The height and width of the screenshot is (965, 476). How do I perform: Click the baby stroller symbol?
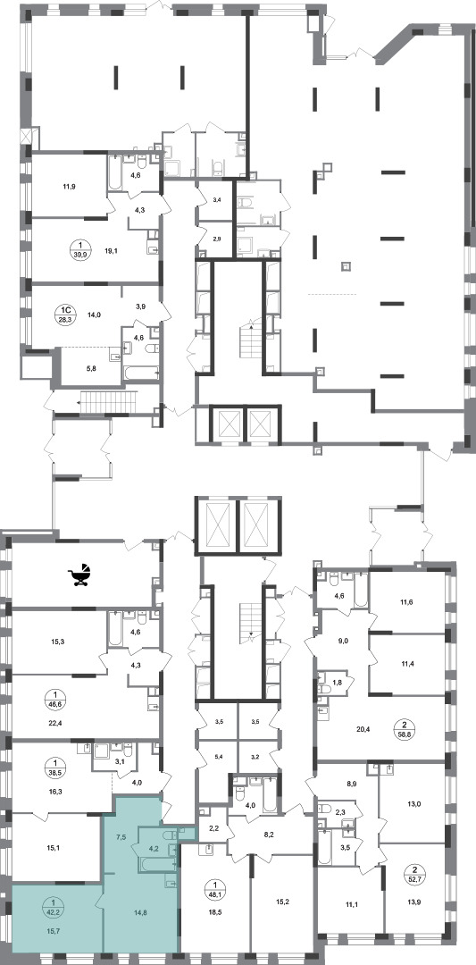click(x=79, y=575)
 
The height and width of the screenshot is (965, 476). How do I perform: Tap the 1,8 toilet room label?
click(x=338, y=682)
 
